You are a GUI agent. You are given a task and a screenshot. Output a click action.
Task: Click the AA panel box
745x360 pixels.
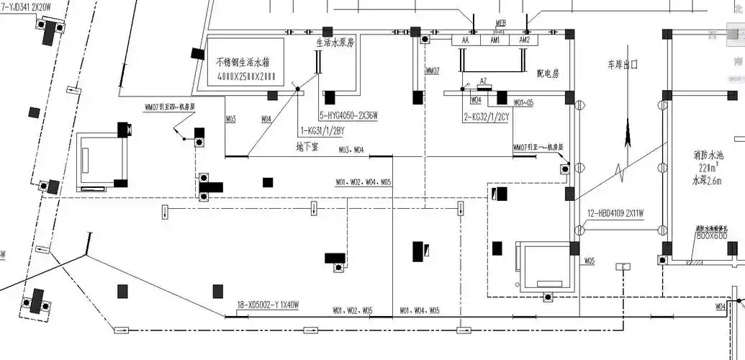[466, 41]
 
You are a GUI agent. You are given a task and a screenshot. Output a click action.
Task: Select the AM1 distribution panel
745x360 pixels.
[495, 41]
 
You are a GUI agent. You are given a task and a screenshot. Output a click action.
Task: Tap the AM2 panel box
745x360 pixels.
[524, 41]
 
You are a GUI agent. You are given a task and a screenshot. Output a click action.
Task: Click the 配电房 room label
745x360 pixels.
[549, 73]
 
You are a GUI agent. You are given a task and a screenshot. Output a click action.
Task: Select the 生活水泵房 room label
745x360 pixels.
[335, 42]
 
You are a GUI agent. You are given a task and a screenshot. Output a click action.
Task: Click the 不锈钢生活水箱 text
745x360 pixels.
[245, 63]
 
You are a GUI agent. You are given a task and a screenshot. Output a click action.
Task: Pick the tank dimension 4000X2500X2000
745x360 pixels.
[246, 77]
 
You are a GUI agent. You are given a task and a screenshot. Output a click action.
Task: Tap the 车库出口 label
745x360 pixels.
[623, 64]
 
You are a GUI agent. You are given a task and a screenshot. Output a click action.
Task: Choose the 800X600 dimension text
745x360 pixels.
[711, 235]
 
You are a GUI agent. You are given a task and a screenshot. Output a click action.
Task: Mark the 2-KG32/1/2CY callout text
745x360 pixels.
[487, 115]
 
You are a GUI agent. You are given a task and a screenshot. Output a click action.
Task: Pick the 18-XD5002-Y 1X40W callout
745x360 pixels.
[267, 306]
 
